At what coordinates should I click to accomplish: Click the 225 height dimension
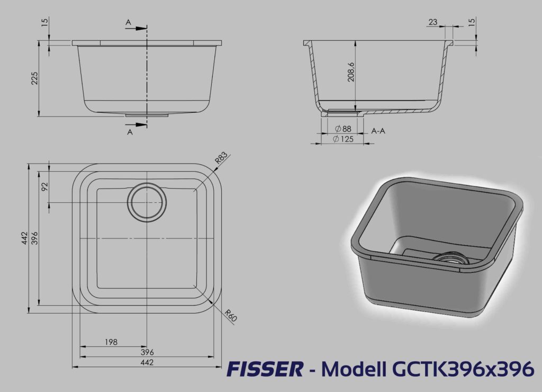coord(34,78)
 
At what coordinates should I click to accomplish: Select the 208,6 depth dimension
coord(351,72)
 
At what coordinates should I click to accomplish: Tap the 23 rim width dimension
coord(433,22)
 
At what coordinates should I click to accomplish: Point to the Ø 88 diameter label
coord(343,129)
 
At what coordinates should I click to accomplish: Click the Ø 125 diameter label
coord(343,139)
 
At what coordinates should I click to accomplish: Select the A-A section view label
coord(378,131)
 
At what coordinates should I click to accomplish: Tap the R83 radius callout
coord(222,157)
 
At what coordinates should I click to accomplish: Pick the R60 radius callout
coord(230,315)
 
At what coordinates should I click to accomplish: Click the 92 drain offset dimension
coord(44,186)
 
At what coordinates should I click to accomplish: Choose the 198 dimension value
coord(111,342)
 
